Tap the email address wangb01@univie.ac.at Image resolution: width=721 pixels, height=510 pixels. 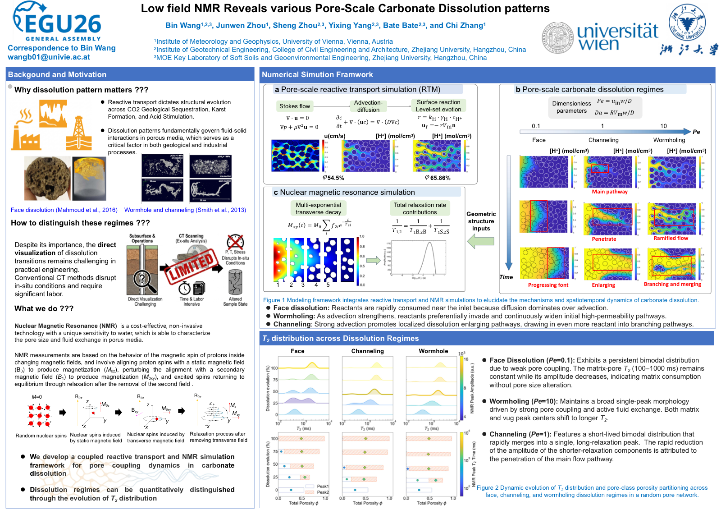(49, 57)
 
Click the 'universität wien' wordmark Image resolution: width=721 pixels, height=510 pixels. (617, 37)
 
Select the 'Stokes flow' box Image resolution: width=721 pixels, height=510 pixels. (294, 106)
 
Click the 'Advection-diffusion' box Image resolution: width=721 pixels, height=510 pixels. (368, 106)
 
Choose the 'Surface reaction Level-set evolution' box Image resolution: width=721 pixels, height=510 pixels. (438, 106)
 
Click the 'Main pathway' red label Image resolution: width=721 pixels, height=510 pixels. (609, 192)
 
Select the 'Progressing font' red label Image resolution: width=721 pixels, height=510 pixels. (548, 285)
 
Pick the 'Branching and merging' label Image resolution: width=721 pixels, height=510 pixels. (672, 284)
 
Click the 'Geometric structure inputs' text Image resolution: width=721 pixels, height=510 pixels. (481, 221)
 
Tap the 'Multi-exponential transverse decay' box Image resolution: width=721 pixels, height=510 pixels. (318, 209)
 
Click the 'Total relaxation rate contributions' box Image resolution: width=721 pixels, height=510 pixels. (420, 209)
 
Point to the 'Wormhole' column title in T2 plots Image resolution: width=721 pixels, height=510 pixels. (433, 351)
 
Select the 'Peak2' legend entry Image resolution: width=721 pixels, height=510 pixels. (323, 492)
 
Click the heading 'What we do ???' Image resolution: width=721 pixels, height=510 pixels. (44, 309)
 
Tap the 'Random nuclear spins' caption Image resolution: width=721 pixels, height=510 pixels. (41, 436)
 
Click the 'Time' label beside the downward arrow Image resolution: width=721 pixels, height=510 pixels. (506, 277)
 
